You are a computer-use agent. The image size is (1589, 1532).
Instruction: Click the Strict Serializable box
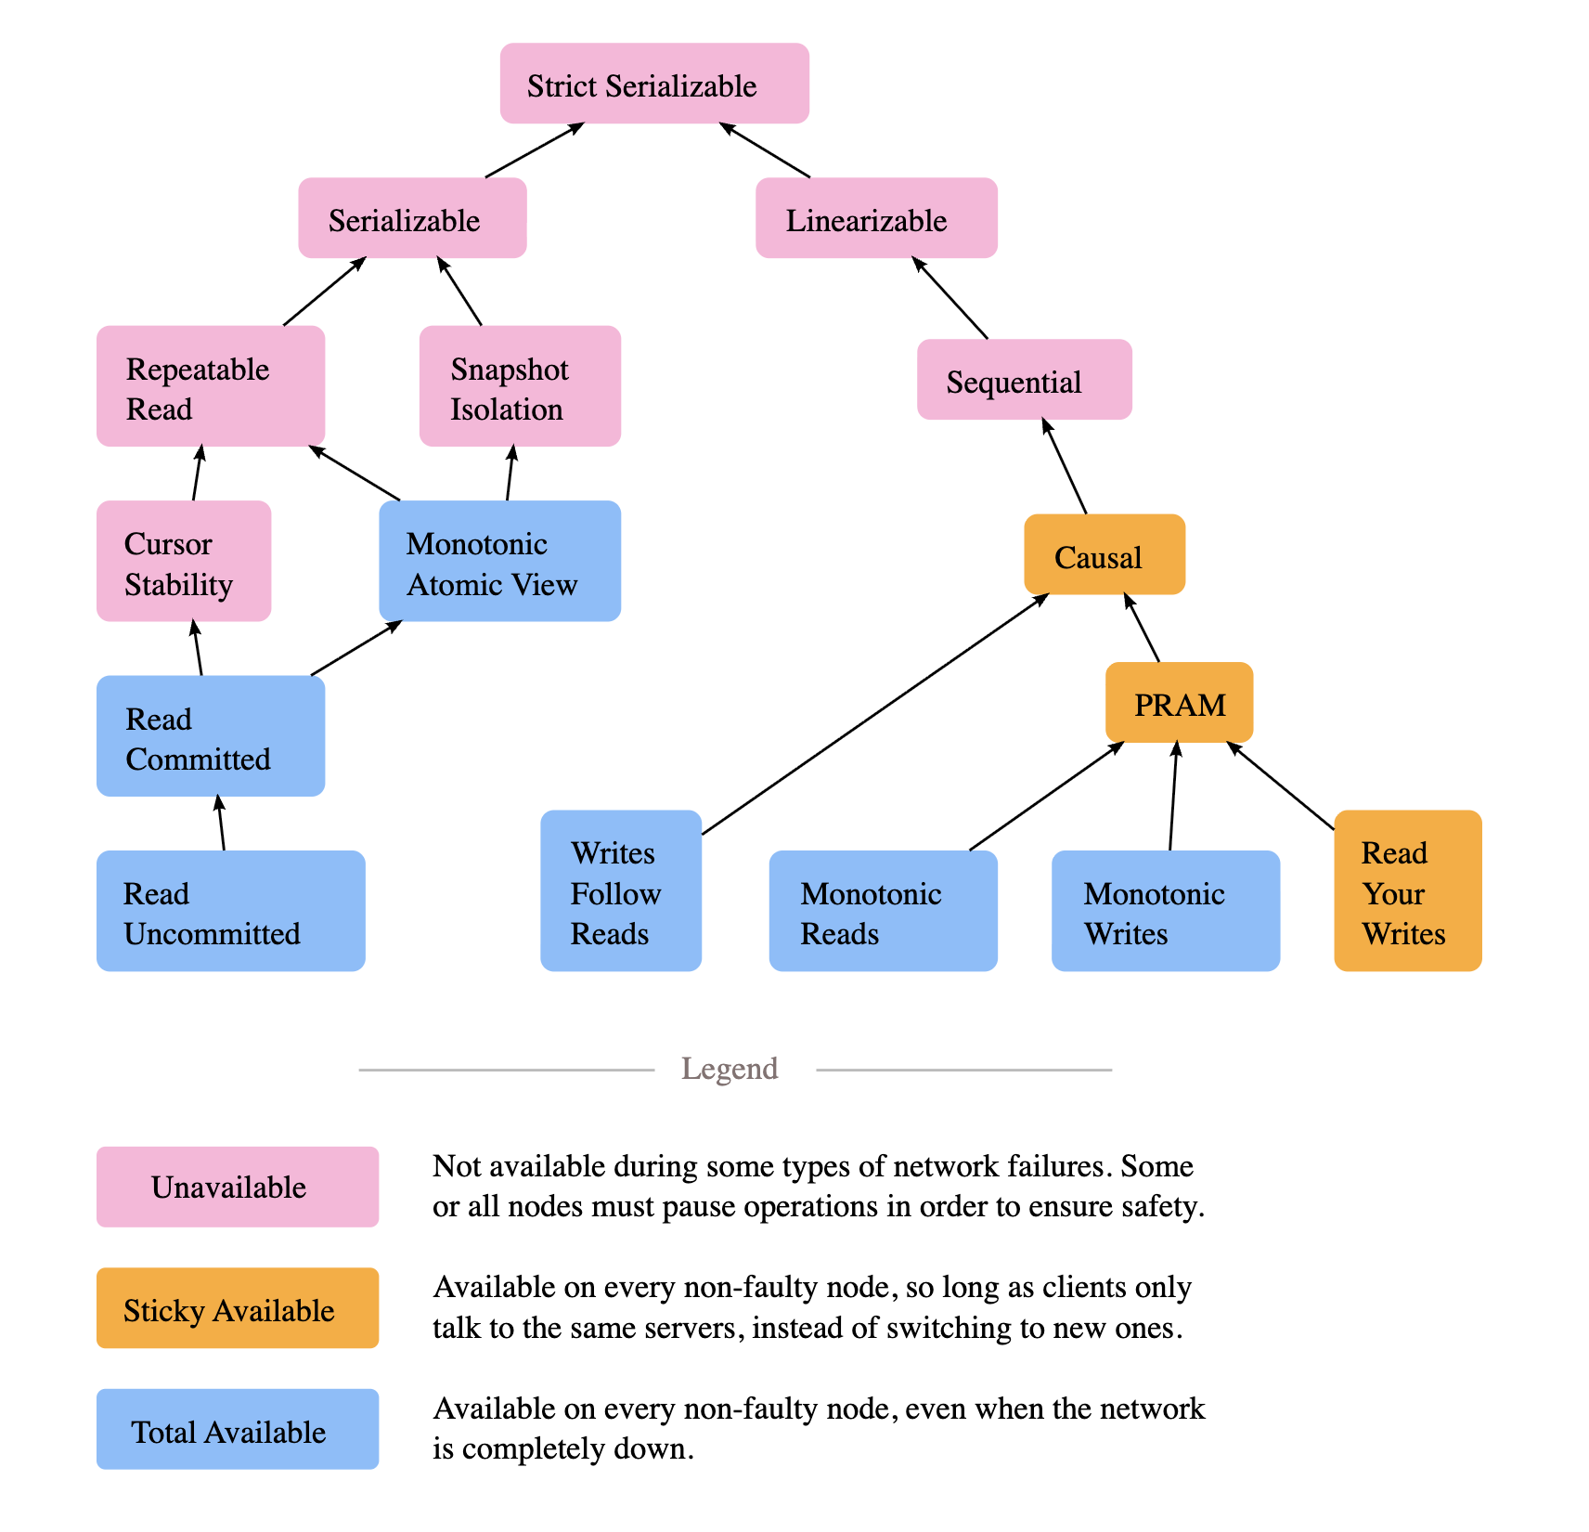[x=654, y=83]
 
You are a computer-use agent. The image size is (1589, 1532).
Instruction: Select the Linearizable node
[x=876, y=217]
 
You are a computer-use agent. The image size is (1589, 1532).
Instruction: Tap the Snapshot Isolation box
[x=520, y=385]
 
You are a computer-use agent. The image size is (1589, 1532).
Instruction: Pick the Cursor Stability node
[x=184, y=561]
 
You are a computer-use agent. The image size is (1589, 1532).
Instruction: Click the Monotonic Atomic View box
[x=499, y=561]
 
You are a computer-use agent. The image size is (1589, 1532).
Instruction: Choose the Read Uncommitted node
[x=231, y=911]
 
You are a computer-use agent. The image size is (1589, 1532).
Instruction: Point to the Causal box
[x=1105, y=554]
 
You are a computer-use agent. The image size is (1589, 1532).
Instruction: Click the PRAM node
[x=1179, y=702]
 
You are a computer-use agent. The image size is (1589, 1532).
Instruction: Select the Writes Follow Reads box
[x=621, y=890]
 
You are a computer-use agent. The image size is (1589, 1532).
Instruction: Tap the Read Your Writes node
[x=1408, y=890]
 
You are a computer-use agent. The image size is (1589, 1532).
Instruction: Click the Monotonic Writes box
[x=1166, y=911]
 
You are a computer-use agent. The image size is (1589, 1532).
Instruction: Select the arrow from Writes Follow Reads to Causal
[x=875, y=714]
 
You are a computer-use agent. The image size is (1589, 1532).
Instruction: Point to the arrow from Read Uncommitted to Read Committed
[x=220, y=823]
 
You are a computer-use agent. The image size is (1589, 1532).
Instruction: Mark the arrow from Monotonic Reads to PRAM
[x=1047, y=796]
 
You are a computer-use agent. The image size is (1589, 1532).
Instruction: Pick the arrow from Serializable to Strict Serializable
[x=535, y=149]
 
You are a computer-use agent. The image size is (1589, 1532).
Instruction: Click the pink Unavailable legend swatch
[x=238, y=1187]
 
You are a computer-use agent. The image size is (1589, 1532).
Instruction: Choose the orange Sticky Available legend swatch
[x=238, y=1307]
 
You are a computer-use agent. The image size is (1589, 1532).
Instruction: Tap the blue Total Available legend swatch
[x=238, y=1429]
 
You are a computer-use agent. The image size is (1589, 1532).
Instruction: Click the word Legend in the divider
[x=730, y=1069]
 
